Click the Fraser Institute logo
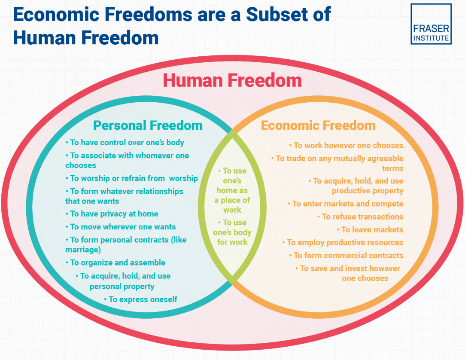431,24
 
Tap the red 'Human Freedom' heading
232,81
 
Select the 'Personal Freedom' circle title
148,125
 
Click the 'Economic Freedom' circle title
318,125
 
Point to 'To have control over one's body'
125,143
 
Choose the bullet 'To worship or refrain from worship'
131,178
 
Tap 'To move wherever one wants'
120,227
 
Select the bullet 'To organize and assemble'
115,262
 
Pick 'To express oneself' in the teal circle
140,299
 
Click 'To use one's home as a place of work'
232,190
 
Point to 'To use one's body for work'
232,232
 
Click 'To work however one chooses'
346,146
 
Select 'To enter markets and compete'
345,204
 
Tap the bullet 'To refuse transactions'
360,217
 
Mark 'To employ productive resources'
343,242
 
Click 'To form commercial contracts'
346,255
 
